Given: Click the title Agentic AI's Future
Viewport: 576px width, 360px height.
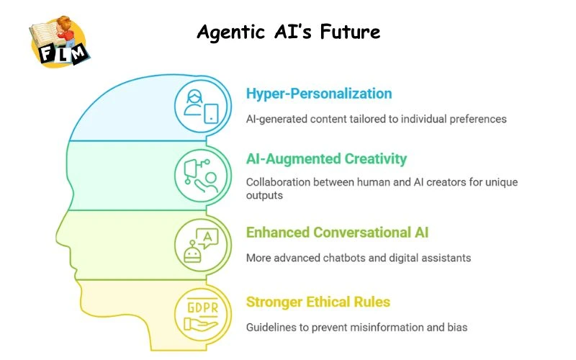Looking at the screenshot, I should point(288,32).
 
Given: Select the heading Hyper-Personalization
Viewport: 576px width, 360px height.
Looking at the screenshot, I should point(319,94).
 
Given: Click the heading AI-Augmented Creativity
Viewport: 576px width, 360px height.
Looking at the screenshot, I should point(326,159).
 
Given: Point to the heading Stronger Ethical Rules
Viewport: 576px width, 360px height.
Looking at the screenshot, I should point(318,302).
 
